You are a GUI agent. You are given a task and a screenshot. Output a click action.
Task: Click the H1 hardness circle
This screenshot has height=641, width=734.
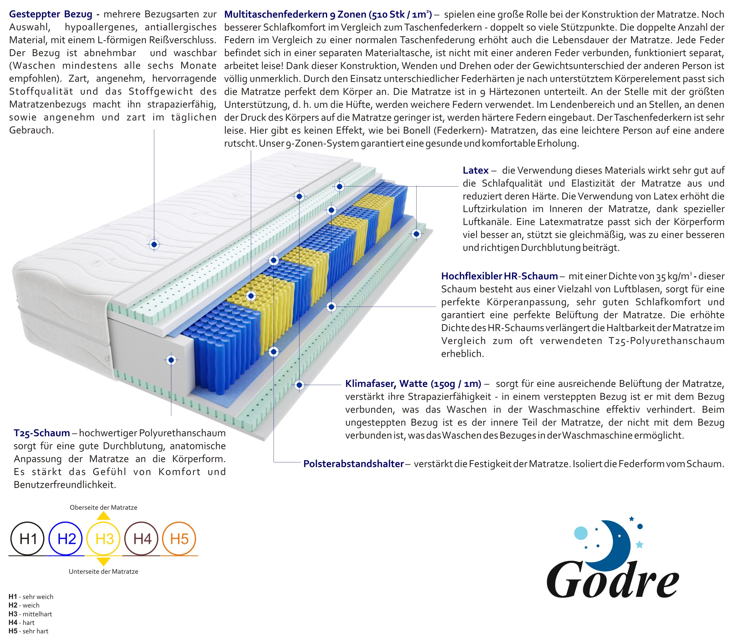(28, 538)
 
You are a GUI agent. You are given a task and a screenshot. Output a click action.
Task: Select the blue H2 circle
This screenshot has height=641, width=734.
(65, 538)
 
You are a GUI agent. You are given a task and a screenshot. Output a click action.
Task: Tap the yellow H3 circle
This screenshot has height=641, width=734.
(104, 538)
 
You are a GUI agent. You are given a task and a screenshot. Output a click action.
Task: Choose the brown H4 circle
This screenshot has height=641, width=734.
(142, 538)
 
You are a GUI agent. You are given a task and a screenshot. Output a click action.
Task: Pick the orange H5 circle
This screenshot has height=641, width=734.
(179, 538)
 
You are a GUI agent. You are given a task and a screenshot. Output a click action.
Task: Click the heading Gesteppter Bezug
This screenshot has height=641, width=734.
(50, 14)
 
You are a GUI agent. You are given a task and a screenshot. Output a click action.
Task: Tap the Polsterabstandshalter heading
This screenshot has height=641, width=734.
(353, 464)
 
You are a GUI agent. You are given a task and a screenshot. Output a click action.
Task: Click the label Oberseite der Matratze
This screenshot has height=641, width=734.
(103, 507)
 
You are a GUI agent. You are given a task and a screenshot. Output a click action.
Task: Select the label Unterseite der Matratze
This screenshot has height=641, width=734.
(103, 571)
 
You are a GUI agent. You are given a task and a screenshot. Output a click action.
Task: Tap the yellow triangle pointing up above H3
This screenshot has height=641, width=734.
(104, 516)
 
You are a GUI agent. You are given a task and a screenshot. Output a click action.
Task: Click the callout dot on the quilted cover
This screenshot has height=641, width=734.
(154, 245)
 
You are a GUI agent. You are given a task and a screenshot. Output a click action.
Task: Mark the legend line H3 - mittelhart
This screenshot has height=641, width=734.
(31, 614)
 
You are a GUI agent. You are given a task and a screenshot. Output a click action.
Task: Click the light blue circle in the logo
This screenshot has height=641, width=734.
(581, 533)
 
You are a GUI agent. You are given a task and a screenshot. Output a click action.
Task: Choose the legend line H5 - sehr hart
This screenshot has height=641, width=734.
(28, 631)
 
